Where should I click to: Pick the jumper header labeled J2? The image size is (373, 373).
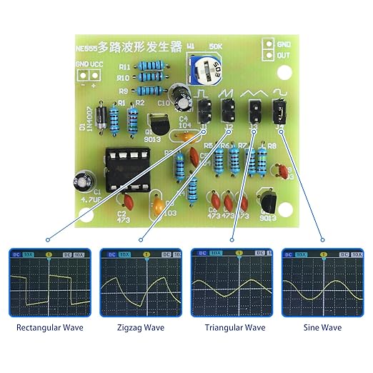click(230, 110)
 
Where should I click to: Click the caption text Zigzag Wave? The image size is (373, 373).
click(140, 328)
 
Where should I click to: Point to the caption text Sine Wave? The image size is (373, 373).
click(322, 328)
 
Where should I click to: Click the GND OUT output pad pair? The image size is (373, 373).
click(268, 48)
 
